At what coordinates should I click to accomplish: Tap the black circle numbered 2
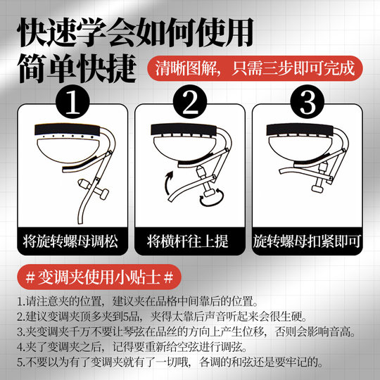(189, 103)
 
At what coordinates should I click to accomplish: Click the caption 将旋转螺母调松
(73, 241)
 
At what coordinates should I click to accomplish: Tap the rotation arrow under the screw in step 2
(209, 202)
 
